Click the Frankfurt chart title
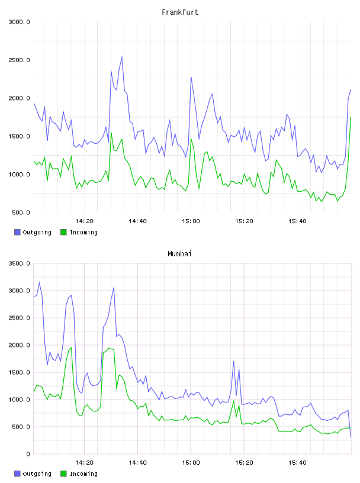click(x=180, y=12)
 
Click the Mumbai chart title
click(x=179, y=253)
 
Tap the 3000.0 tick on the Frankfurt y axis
click(x=19, y=22)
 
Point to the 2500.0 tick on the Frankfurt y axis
click(x=19, y=60)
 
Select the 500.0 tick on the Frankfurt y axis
click(x=21, y=212)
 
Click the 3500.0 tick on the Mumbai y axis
click(x=19, y=263)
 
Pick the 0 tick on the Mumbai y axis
click(x=28, y=454)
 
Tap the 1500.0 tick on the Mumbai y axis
click(x=19, y=372)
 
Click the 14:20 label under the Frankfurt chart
click(x=84, y=221)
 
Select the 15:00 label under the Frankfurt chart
click(x=191, y=221)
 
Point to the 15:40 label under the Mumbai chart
click(x=297, y=462)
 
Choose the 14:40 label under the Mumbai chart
click(x=137, y=462)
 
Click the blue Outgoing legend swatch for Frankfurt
click(x=17, y=232)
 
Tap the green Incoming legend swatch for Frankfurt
click(x=63, y=232)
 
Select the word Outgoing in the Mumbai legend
click(x=37, y=474)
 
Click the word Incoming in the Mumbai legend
click(x=83, y=474)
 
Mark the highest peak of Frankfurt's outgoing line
click(x=122, y=57)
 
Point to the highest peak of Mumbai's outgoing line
click(x=39, y=282)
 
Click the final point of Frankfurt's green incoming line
click(x=351, y=117)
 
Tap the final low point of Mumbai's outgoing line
click(x=351, y=437)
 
